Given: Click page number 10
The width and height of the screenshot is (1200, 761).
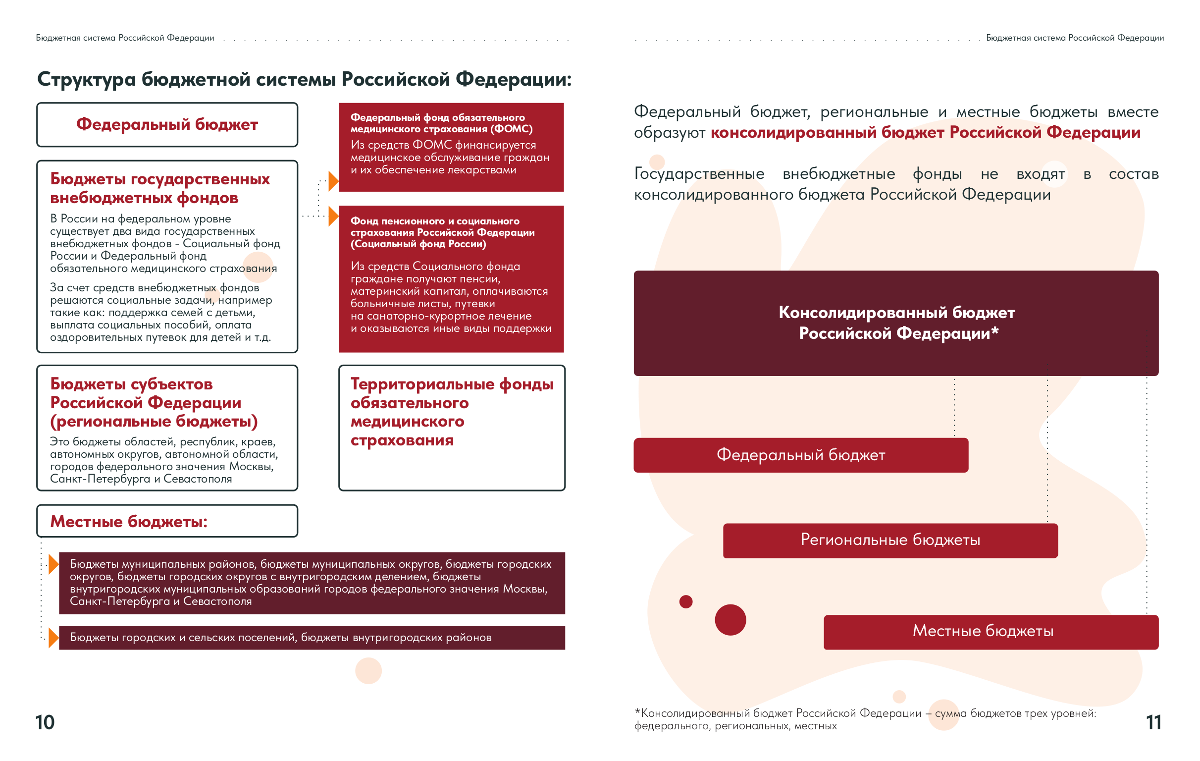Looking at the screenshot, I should coord(45,722).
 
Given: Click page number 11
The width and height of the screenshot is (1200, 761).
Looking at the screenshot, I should coord(1153,722).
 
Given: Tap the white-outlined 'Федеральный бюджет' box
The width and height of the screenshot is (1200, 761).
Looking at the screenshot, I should coord(167,125).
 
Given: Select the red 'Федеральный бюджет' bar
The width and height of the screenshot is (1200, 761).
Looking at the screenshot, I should coord(801,455).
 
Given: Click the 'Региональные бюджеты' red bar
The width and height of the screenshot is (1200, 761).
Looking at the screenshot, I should coord(890,541).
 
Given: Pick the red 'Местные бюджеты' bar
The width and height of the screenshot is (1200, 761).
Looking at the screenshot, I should coord(991,632).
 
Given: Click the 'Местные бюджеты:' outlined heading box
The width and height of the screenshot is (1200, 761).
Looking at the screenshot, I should coord(167,521).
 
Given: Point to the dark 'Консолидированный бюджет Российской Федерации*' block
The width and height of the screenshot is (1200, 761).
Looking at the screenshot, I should coord(896,323).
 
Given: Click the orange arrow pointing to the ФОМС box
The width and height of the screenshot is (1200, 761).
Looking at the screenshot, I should coord(333,181).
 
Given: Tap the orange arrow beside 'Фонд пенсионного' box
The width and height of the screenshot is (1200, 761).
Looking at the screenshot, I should coord(333,217).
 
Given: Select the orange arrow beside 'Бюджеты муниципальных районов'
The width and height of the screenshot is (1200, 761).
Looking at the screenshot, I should coord(53,564).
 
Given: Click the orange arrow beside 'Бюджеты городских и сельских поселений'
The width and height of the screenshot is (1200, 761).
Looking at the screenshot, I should coord(53,638).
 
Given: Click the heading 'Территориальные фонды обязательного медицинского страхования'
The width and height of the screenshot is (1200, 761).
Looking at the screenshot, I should coord(451,412).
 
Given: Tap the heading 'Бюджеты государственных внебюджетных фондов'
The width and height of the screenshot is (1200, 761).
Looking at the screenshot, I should coord(160,188).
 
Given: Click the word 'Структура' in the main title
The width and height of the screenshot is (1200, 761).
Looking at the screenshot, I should coord(86,79).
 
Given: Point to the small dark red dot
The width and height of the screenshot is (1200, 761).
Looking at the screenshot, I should coord(686,602).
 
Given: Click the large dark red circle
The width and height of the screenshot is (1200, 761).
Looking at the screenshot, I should coord(730,620).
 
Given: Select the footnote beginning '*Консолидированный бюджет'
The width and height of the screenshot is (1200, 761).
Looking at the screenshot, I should coord(865,719).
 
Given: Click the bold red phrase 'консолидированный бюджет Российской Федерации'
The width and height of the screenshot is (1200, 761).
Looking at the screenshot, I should coord(925,133).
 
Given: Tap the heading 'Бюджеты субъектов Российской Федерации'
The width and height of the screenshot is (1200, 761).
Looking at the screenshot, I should coord(154,402).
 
